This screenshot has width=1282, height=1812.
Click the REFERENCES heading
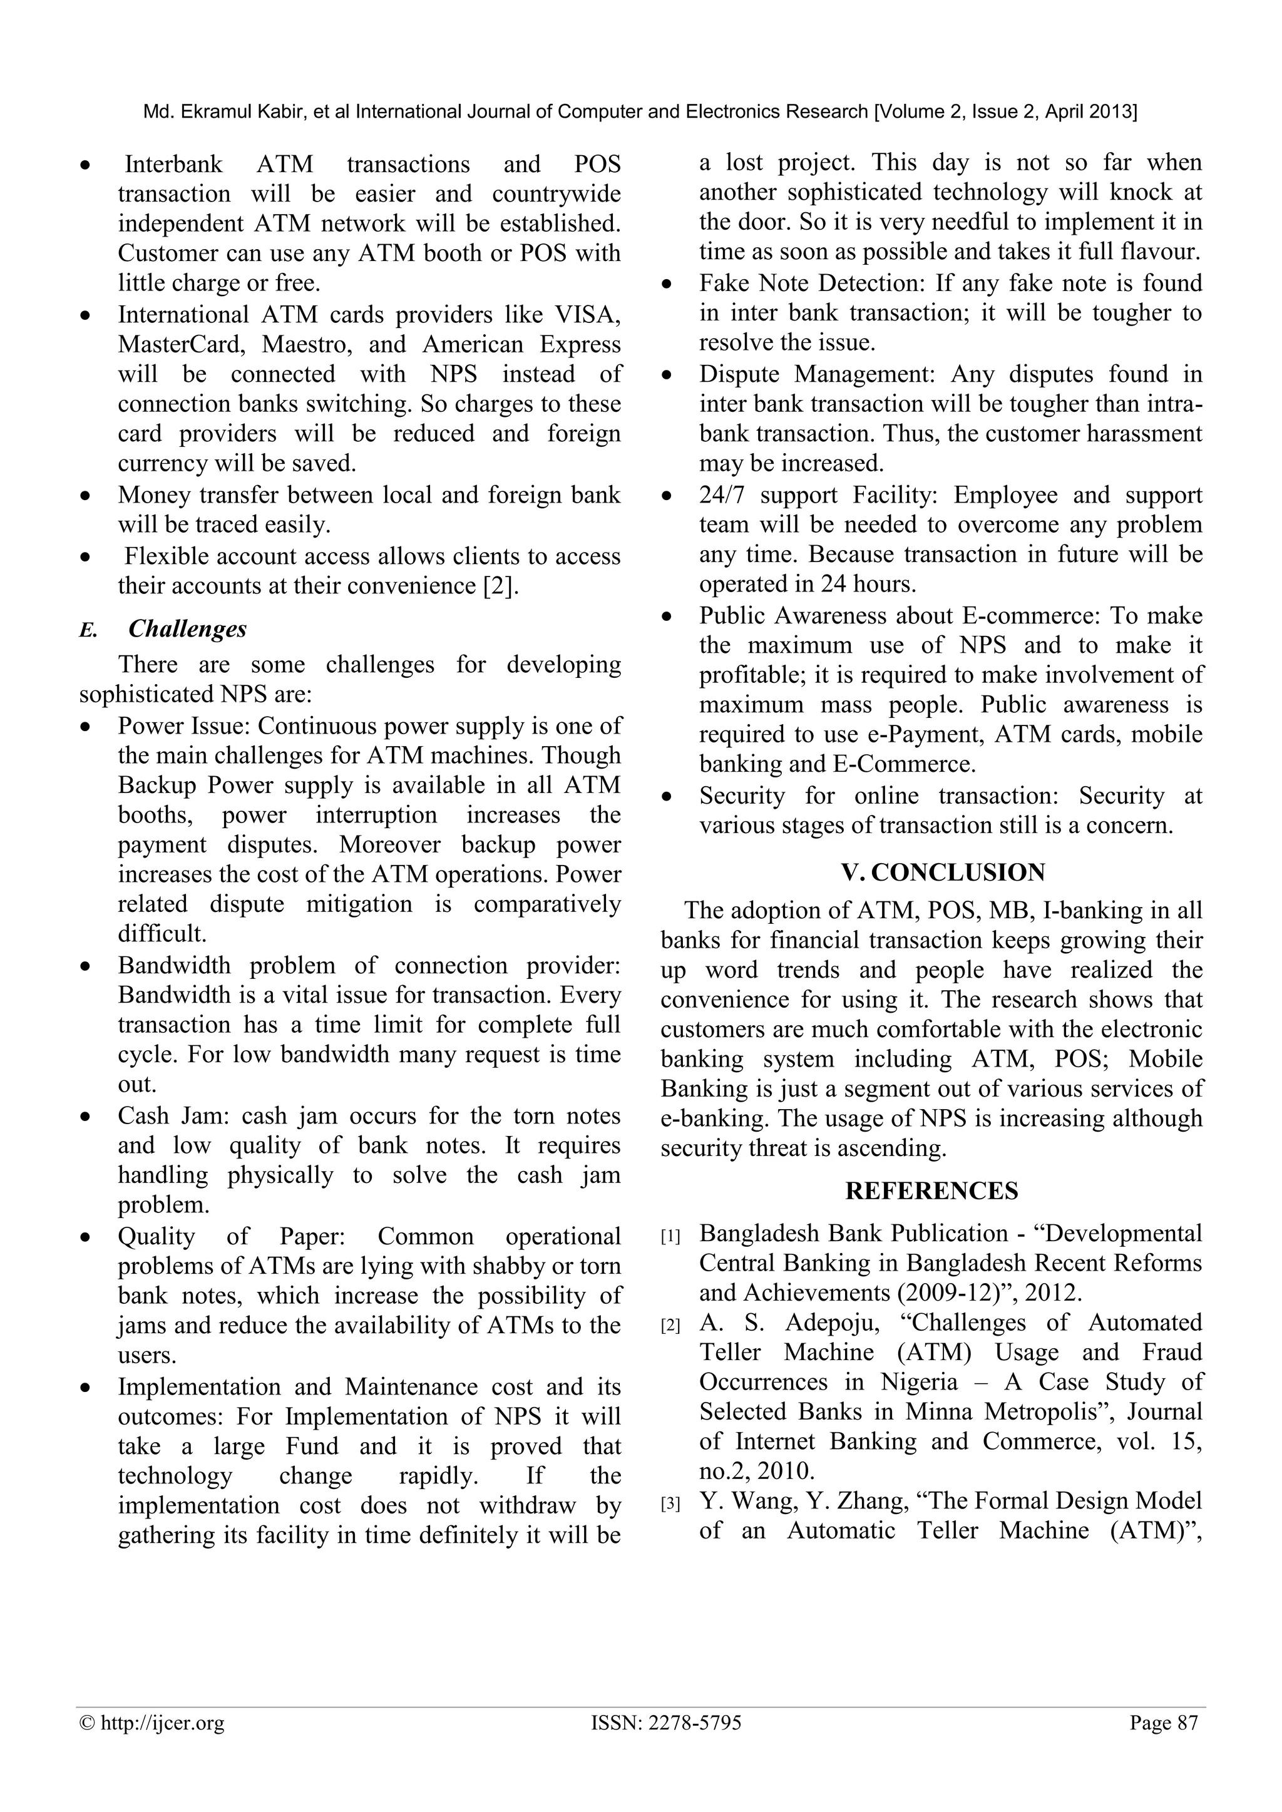(931, 1191)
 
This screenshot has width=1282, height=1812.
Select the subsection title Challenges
(187, 629)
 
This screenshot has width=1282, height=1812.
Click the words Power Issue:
(183, 726)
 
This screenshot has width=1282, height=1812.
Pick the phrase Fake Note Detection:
(813, 284)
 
